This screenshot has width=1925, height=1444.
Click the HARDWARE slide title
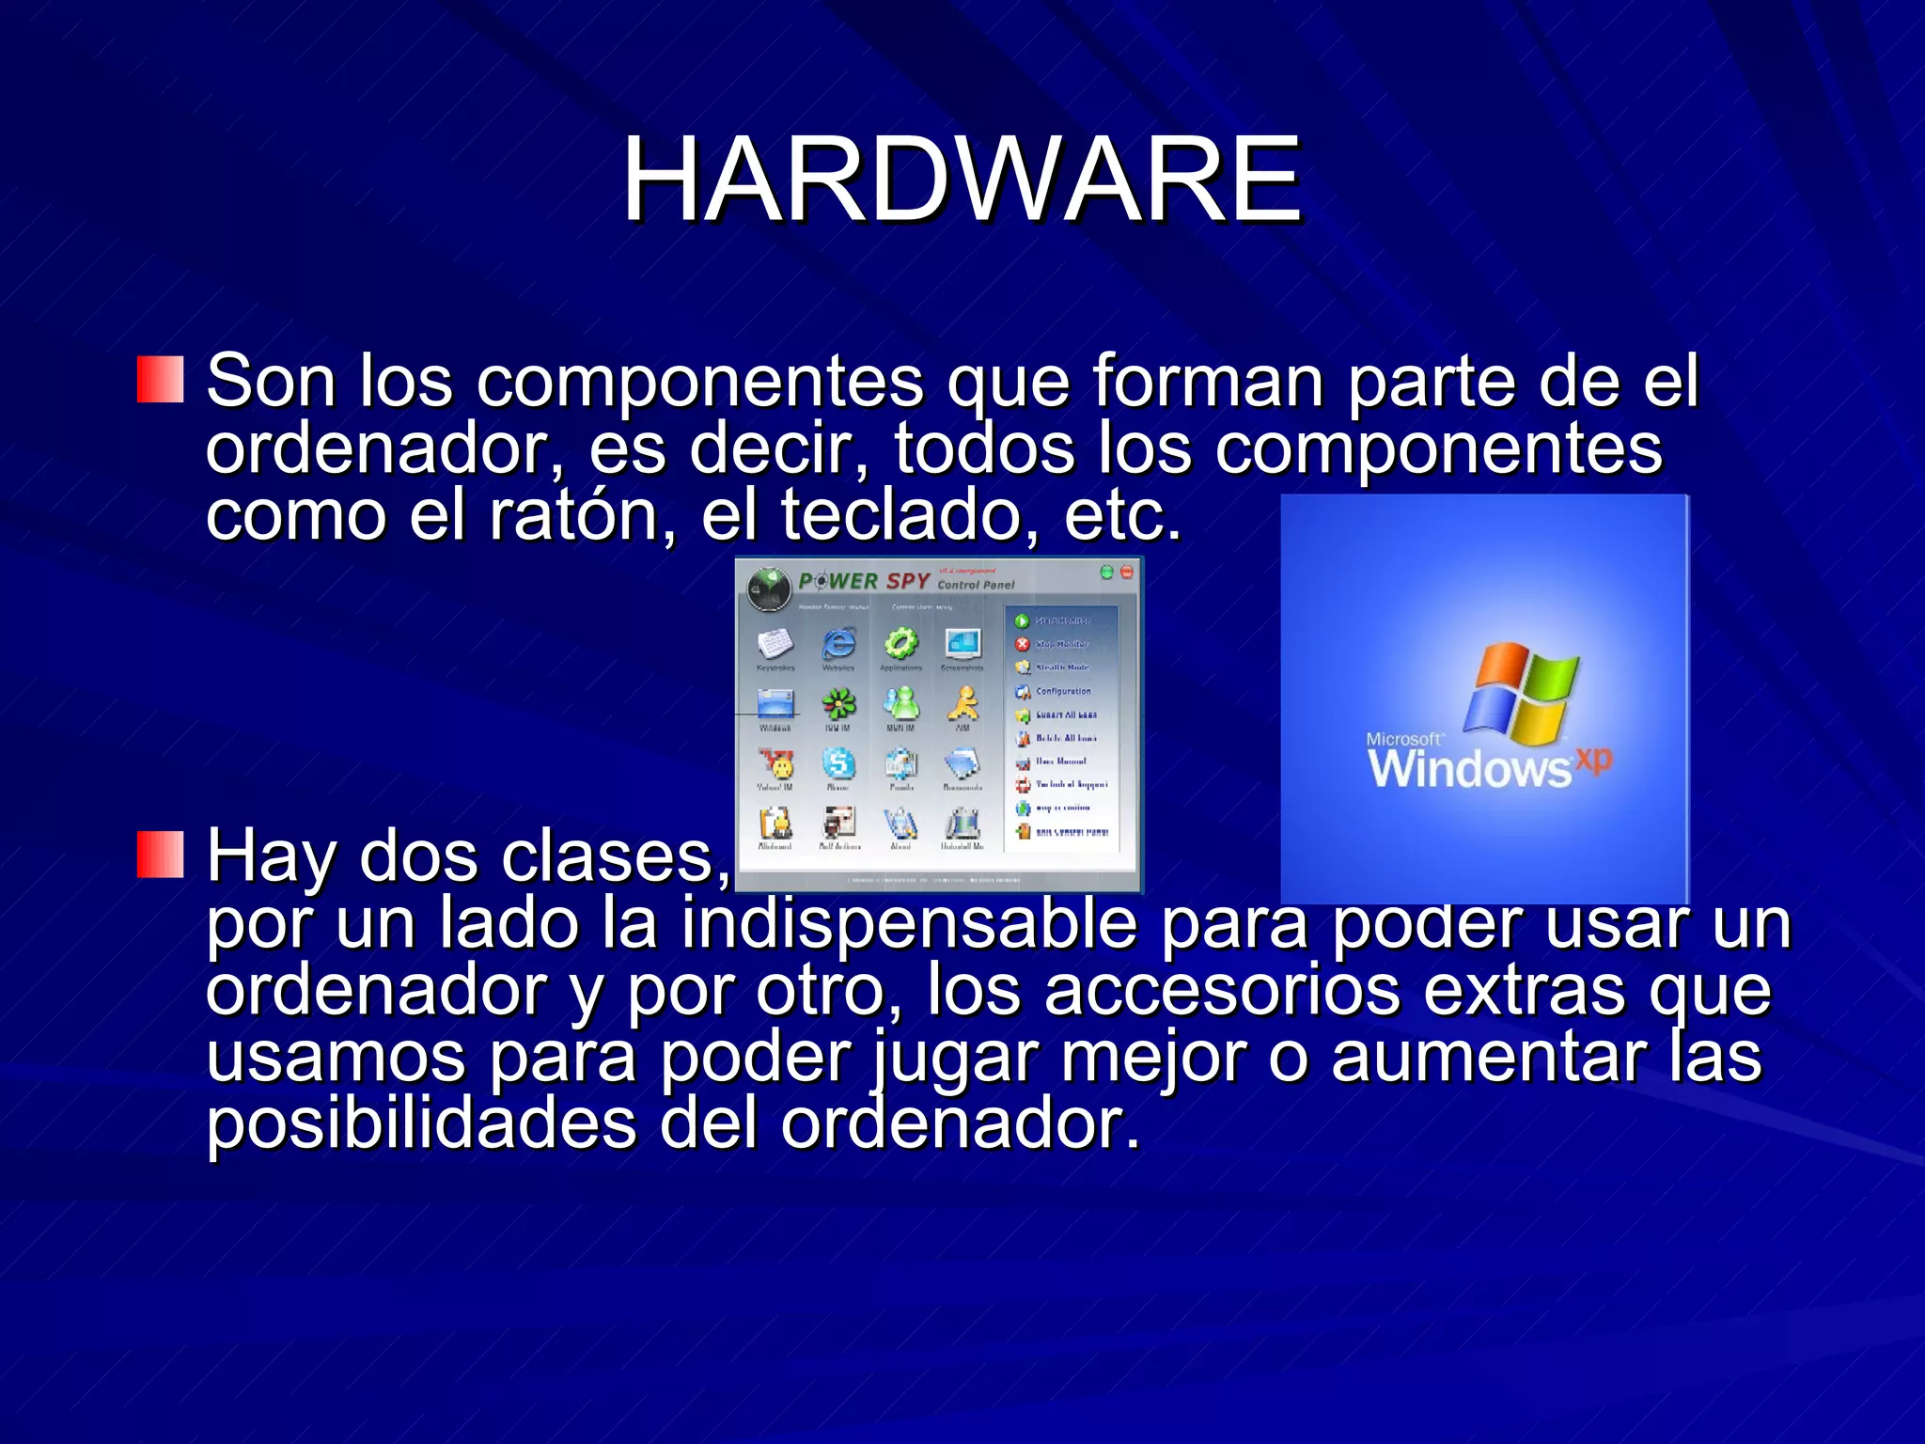pos(961,179)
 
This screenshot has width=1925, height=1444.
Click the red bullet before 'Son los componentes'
pos(160,380)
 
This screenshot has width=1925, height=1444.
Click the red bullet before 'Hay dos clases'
pos(160,854)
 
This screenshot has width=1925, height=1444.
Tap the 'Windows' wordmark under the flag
pos(1469,769)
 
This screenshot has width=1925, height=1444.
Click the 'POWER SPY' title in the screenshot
pos(864,581)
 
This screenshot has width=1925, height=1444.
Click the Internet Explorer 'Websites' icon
pos(838,644)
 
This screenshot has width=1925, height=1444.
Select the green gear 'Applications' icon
pos(900,644)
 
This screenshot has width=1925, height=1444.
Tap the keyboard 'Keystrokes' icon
pos(775,644)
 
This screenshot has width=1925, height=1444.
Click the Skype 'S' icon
pos(838,762)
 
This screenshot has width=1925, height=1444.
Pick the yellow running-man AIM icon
pos(962,702)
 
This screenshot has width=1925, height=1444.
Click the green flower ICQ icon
pos(838,702)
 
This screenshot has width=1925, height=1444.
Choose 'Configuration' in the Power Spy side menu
pos(1063,691)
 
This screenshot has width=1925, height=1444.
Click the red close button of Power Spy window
pos(1127,572)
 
